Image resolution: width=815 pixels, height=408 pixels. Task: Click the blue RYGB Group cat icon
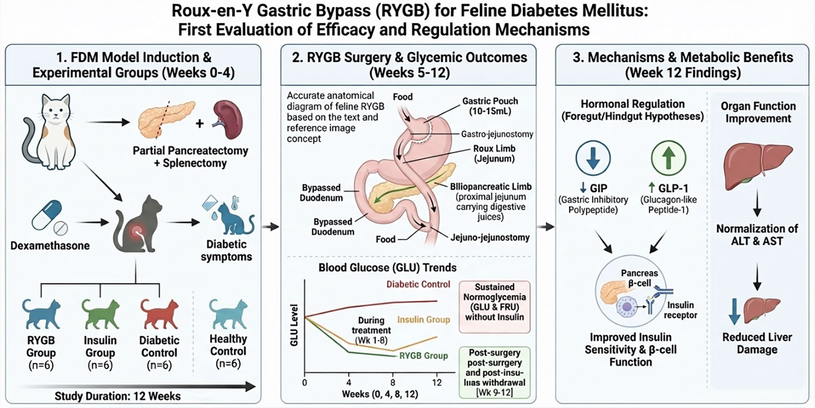(41, 313)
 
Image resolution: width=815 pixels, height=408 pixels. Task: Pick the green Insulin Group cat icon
(100, 313)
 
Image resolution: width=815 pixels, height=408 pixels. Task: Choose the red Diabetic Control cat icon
(159, 313)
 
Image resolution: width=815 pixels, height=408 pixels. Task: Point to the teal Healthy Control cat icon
(228, 313)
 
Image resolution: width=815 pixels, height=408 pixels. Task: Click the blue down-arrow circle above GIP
(593, 158)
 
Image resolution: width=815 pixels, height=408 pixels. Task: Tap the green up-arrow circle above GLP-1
(668, 158)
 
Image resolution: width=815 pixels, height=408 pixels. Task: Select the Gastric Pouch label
(490, 106)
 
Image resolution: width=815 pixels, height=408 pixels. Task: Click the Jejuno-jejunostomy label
(490, 237)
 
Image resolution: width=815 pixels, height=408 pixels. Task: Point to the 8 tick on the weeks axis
(393, 383)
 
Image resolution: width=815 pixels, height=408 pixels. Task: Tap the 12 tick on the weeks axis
(437, 383)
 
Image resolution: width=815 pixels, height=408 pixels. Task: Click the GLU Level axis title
(294, 325)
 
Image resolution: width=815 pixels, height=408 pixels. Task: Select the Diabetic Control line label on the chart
(418, 284)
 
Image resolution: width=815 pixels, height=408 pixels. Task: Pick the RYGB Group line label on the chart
(423, 356)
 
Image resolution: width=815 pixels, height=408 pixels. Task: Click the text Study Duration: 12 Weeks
(118, 396)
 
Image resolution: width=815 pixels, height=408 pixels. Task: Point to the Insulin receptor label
(680, 310)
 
